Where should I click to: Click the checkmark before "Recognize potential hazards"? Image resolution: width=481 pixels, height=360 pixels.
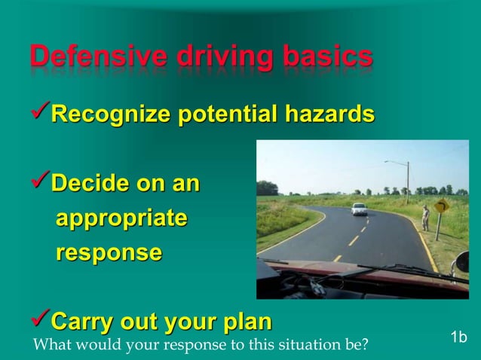[39, 114]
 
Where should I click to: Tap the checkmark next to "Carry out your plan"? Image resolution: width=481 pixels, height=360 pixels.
[39, 322]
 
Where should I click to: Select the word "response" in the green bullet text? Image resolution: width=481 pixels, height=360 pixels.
[108, 253]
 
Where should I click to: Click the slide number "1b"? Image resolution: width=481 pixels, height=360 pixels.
[458, 337]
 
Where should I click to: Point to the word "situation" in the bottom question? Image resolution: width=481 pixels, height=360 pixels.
[288, 346]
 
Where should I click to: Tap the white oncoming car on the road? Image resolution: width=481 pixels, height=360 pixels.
[359, 209]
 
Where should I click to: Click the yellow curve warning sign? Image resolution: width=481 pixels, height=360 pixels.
[441, 206]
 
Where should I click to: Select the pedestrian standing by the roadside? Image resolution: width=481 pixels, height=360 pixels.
[426, 218]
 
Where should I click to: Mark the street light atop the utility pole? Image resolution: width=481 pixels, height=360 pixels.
[388, 162]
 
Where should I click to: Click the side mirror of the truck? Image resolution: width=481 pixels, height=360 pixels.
[461, 261]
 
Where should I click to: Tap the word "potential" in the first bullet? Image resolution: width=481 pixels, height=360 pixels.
[226, 114]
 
